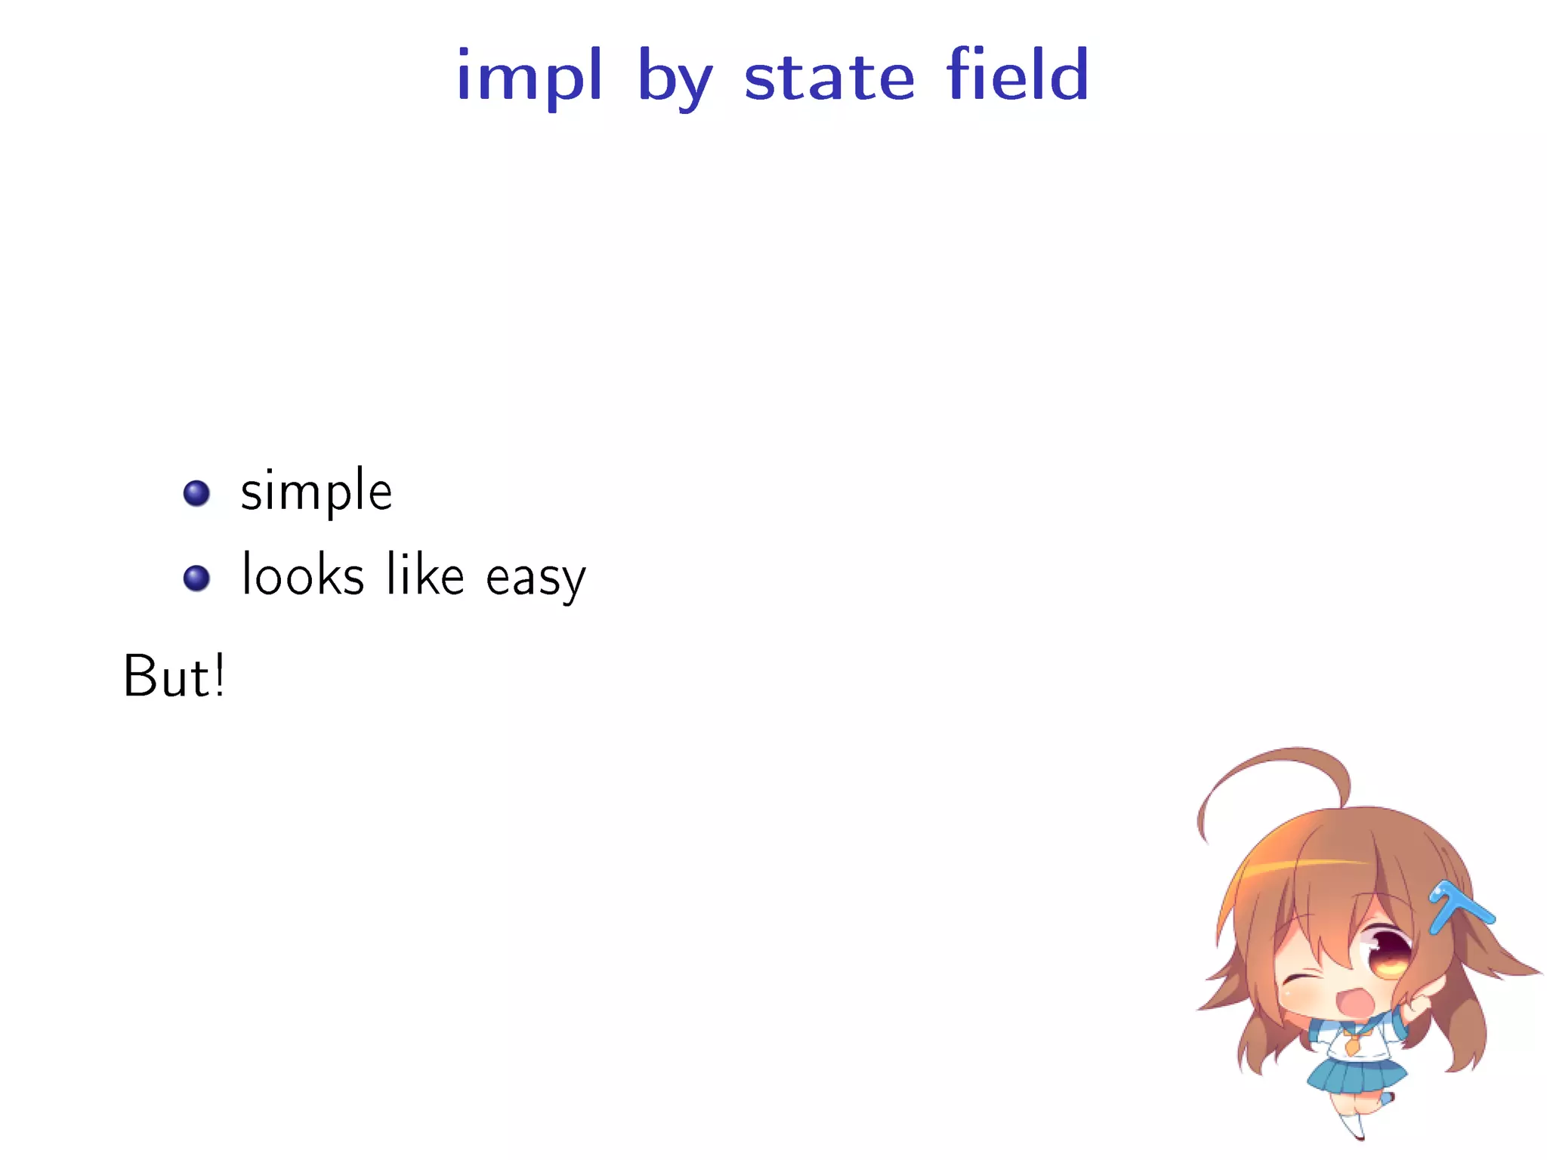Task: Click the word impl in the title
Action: [x=529, y=76]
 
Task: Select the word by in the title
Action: [x=675, y=79]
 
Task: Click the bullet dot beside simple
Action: [x=196, y=493]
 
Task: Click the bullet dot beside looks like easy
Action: [x=196, y=578]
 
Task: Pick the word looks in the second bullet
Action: [x=303, y=575]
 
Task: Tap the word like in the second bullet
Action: [x=425, y=575]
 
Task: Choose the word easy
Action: [x=536, y=578]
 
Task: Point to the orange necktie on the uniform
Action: [x=1351, y=1045]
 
